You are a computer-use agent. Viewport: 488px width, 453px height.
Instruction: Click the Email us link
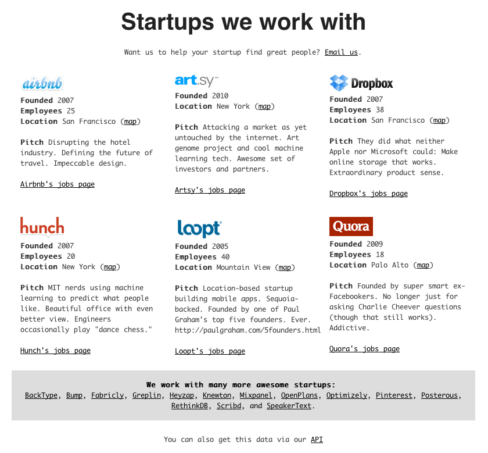[x=341, y=52]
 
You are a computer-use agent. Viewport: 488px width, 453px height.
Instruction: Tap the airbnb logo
[x=42, y=83]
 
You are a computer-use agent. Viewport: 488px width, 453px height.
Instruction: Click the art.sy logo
[x=197, y=81]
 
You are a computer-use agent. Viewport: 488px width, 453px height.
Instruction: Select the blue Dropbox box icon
[x=339, y=83]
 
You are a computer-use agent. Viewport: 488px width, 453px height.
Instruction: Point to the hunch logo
[x=42, y=227]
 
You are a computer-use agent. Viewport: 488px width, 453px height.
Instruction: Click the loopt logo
[x=199, y=229]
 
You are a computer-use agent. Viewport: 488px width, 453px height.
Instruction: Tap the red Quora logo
[x=351, y=226]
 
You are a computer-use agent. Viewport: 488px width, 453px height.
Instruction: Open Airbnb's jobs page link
[x=58, y=184]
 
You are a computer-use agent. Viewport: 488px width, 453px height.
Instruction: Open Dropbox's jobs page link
[x=368, y=194]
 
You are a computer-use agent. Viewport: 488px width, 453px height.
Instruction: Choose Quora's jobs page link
[x=364, y=349]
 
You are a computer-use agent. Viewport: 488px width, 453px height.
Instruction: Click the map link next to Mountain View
[x=285, y=267]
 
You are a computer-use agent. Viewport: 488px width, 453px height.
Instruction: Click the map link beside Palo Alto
[x=423, y=265]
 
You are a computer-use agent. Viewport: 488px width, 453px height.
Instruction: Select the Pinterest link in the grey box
[x=394, y=395]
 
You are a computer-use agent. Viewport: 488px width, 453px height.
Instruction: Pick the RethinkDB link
[x=189, y=406]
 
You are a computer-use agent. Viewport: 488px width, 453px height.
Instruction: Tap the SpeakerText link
[x=289, y=406]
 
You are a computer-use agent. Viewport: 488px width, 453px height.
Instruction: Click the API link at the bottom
[x=317, y=439]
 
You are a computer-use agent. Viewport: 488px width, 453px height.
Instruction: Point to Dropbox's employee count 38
[x=380, y=110]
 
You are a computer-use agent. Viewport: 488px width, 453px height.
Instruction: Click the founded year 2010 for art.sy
[x=220, y=95]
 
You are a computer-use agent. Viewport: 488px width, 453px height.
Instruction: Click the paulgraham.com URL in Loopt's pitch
[x=247, y=330]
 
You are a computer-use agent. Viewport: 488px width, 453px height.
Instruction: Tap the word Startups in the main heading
[x=167, y=22]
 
